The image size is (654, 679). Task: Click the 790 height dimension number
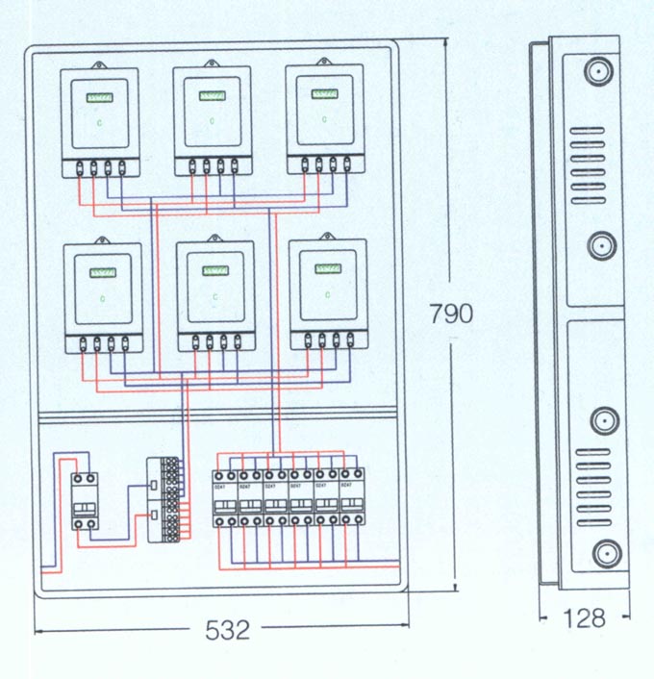[x=451, y=314]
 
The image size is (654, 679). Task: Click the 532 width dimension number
[x=228, y=630]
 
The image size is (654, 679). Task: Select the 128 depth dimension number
[x=584, y=617]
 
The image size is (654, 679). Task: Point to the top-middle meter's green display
[x=213, y=95]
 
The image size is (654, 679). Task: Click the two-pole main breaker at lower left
[x=84, y=501]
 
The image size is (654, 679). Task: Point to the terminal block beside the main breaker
[x=164, y=501]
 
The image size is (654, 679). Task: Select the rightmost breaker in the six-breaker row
[x=353, y=498]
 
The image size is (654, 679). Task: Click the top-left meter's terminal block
[x=100, y=168]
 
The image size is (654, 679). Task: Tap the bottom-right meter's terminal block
[x=328, y=339]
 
